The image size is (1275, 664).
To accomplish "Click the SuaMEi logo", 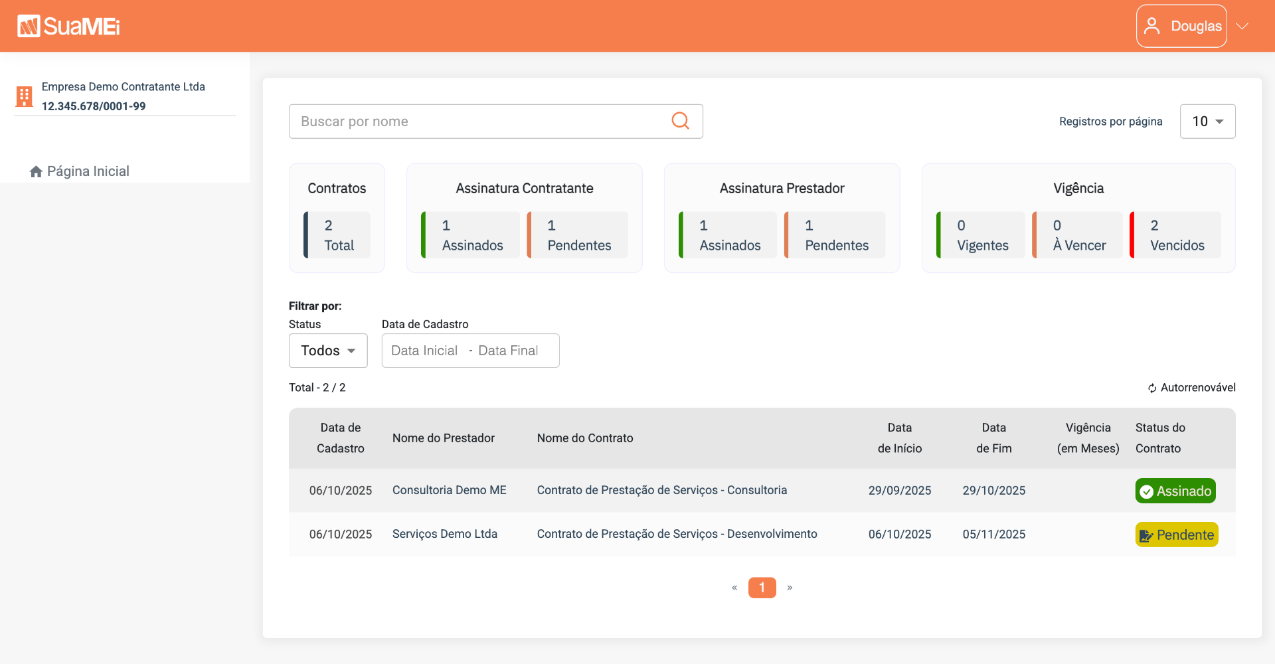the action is [68, 26].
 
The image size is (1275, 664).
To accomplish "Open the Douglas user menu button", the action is [1181, 26].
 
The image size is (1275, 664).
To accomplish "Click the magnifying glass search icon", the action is [680, 121].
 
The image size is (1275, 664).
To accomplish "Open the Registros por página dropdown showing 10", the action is [1207, 122].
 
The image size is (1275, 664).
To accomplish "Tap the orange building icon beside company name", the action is [25, 96].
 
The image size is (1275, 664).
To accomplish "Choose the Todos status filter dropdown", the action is [328, 351].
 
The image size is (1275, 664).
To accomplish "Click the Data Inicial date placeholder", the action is [424, 351].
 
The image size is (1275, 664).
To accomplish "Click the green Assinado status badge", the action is [1175, 491].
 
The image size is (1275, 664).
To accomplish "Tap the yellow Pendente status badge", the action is [1177, 535].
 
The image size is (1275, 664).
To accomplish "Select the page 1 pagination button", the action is [762, 588].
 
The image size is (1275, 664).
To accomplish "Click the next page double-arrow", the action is [790, 588].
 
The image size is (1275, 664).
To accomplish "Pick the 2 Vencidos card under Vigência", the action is [1175, 235].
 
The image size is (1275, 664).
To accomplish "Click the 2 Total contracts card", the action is [337, 235].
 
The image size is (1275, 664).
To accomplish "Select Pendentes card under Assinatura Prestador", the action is [835, 235].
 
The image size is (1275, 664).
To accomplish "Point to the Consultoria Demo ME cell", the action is [450, 490].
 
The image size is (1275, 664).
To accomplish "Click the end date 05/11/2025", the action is [994, 535].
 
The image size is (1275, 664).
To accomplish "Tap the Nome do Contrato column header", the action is [585, 438].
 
